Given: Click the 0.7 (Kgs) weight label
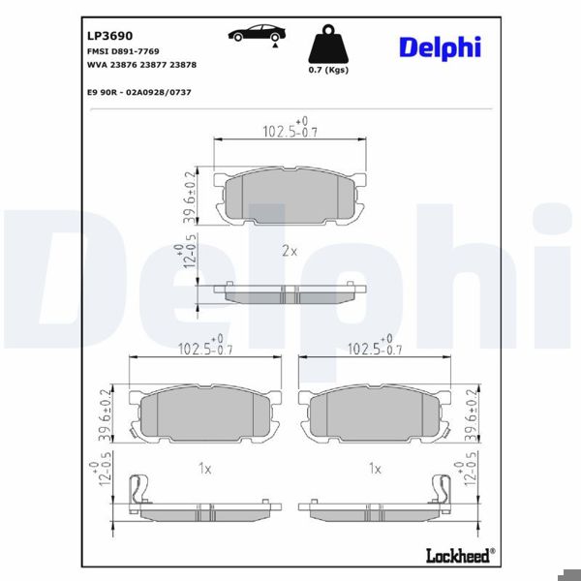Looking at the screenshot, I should (327, 71).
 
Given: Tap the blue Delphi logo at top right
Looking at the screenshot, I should (439, 46).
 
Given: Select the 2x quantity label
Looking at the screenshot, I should (289, 250).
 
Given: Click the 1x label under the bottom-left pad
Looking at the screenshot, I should (204, 468).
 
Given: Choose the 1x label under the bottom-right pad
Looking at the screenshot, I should (375, 468).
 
